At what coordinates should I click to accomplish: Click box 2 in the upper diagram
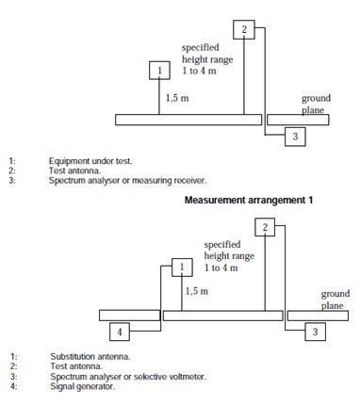244,30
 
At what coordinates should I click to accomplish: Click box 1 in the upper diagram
159,71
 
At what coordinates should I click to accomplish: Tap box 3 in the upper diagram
295,137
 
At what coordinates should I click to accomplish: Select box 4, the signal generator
120,332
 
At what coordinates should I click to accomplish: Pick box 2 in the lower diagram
265,227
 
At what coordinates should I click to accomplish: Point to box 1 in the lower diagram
182,267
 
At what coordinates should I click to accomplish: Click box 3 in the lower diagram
316,332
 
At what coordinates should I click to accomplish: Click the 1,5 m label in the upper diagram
177,98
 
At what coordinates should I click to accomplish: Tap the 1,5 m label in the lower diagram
197,291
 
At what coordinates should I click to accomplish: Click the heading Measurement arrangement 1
249,200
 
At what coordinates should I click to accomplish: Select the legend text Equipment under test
90,161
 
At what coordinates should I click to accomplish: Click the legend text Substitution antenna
90,357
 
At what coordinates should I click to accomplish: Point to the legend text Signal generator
83,386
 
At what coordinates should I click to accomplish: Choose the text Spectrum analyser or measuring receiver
128,181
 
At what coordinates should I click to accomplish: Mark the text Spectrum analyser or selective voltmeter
128,376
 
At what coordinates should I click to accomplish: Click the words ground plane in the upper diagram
316,104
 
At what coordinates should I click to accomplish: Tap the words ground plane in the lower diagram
335,300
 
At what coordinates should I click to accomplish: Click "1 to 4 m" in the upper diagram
199,71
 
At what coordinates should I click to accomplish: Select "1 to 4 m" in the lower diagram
221,267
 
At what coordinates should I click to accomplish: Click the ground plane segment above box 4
129,316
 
